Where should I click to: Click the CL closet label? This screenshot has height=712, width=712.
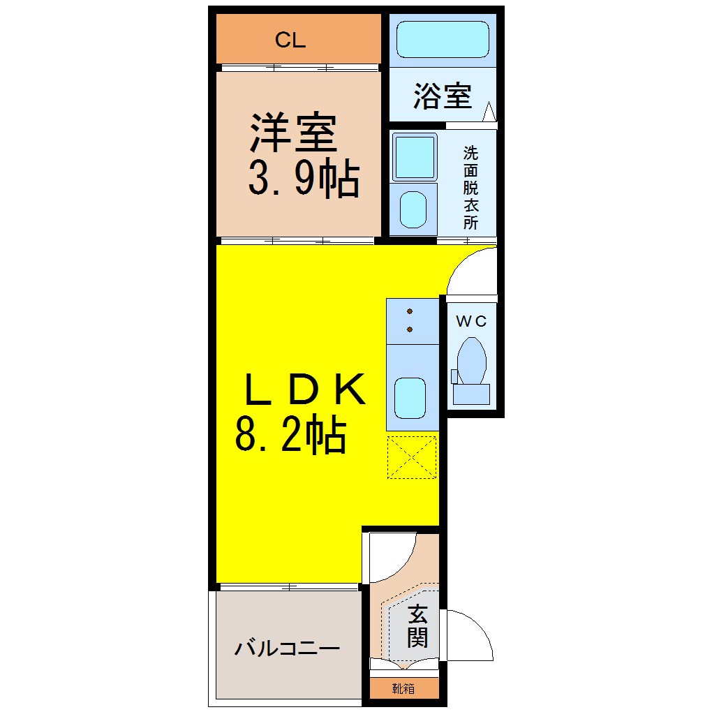point(290,40)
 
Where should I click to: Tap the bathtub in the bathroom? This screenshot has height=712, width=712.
point(443,39)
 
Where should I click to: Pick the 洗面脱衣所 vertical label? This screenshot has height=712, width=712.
point(471,188)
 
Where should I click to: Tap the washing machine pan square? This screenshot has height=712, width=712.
point(414,156)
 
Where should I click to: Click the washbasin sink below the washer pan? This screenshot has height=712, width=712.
point(413,209)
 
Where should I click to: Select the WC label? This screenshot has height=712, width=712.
point(471,321)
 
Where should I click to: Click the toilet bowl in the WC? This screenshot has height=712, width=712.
point(472,362)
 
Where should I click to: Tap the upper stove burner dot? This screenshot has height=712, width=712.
point(410,311)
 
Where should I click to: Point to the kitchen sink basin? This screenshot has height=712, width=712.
point(410,398)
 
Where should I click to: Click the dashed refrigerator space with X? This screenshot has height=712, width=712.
point(412,457)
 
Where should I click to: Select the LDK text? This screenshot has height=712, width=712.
point(304,389)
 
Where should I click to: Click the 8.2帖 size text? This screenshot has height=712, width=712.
point(291,435)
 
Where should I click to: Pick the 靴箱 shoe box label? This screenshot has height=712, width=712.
point(403,689)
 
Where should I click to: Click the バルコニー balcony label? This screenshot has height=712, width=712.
point(287,648)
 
